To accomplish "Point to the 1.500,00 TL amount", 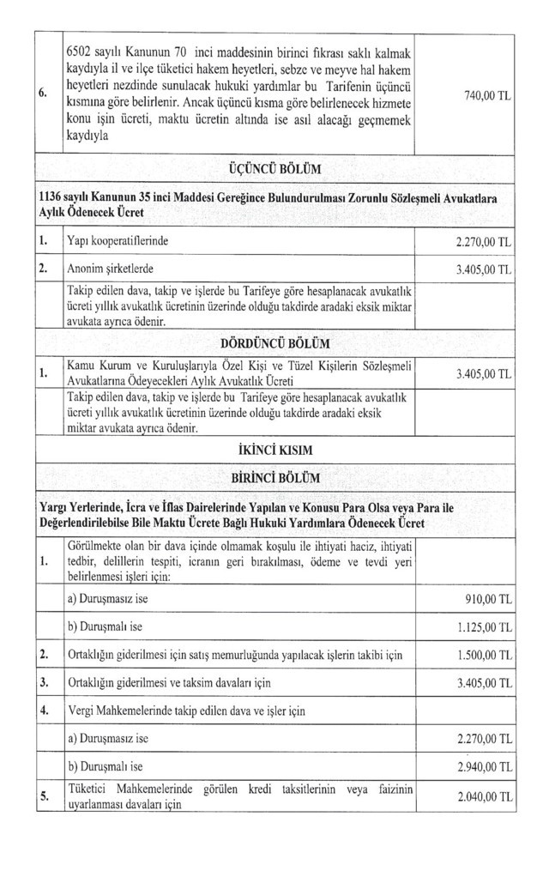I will coord(483,656).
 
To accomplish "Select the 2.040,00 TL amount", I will coord(483,797).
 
